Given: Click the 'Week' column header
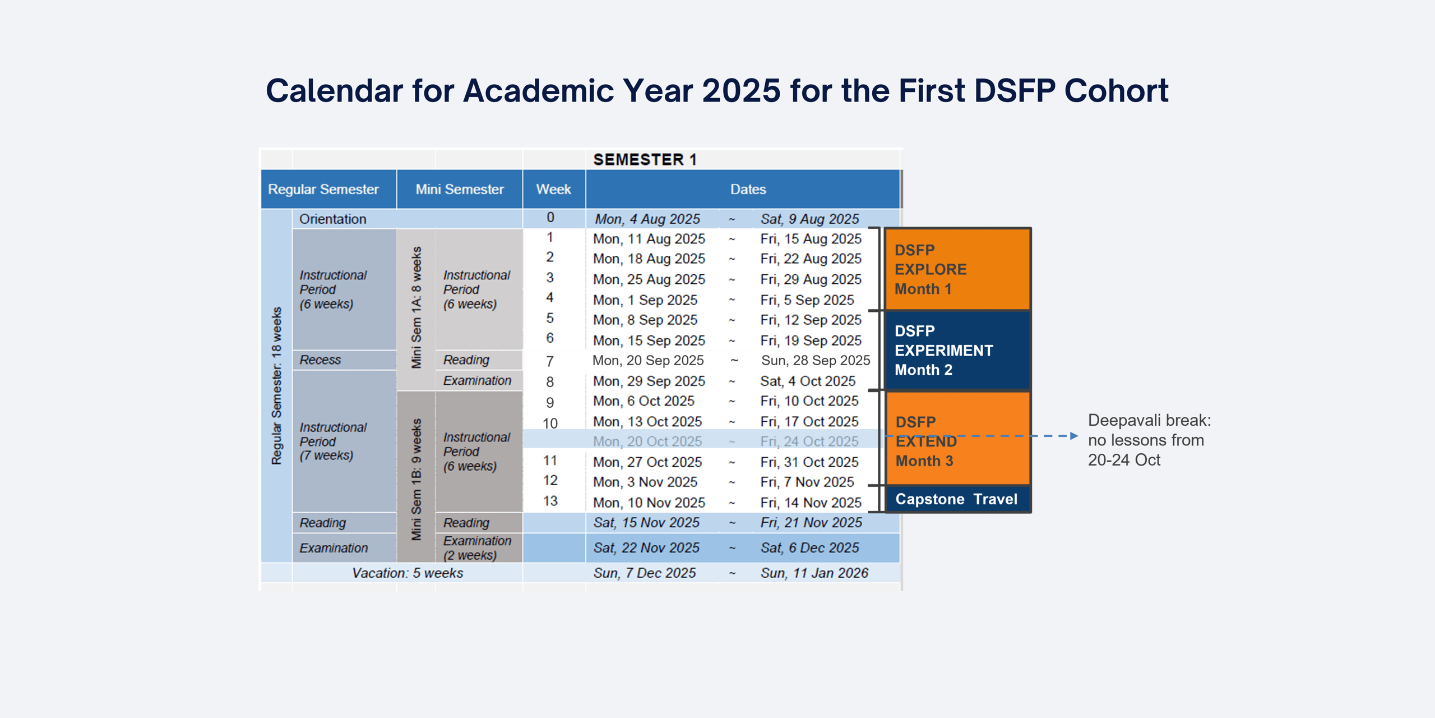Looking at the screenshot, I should (x=553, y=190).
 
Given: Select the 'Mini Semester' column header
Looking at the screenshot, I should (x=459, y=190).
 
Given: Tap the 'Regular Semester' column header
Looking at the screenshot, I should (x=323, y=190).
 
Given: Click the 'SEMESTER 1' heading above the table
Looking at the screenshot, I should (x=645, y=160).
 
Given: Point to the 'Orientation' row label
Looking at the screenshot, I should (x=332, y=219).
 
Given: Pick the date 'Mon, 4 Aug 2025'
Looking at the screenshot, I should (x=647, y=219).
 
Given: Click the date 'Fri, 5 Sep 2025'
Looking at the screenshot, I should (x=807, y=300).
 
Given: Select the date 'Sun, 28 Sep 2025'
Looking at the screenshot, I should (x=815, y=361).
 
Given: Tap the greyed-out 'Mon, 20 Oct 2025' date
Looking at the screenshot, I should (x=647, y=442).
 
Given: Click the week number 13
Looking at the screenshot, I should (x=550, y=501).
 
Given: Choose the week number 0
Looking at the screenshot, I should (x=550, y=218).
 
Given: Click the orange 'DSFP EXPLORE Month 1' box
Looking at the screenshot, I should (x=957, y=269).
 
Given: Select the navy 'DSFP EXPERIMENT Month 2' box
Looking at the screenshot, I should (x=957, y=351).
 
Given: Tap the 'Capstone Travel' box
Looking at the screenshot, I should (x=956, y=499).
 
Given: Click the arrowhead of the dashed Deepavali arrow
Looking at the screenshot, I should (x=1074, y=436).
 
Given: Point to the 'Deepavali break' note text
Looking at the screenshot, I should (x=1149, y=440).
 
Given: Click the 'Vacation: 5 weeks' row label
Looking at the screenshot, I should (x=408, y=573).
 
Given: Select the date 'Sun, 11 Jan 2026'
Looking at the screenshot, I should (x=814, y=573).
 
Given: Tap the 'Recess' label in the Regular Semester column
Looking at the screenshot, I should (x=320, y=360).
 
